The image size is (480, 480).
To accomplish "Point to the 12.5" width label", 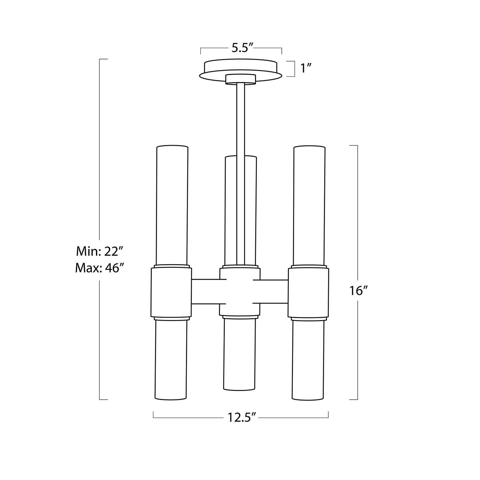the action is tap(242, 417).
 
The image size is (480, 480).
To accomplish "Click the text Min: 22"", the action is tap(99, 252).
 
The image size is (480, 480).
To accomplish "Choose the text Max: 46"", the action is tap(99, 268).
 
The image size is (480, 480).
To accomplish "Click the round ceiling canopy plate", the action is tap(241, 69).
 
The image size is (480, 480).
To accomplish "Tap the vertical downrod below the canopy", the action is tap(241, 174).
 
